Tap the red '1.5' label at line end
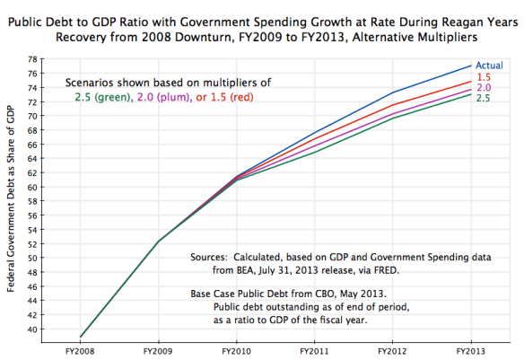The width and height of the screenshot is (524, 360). coord(482,78)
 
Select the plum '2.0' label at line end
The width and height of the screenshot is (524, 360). coord(482,88)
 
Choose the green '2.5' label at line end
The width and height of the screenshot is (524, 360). coord(482,98)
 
